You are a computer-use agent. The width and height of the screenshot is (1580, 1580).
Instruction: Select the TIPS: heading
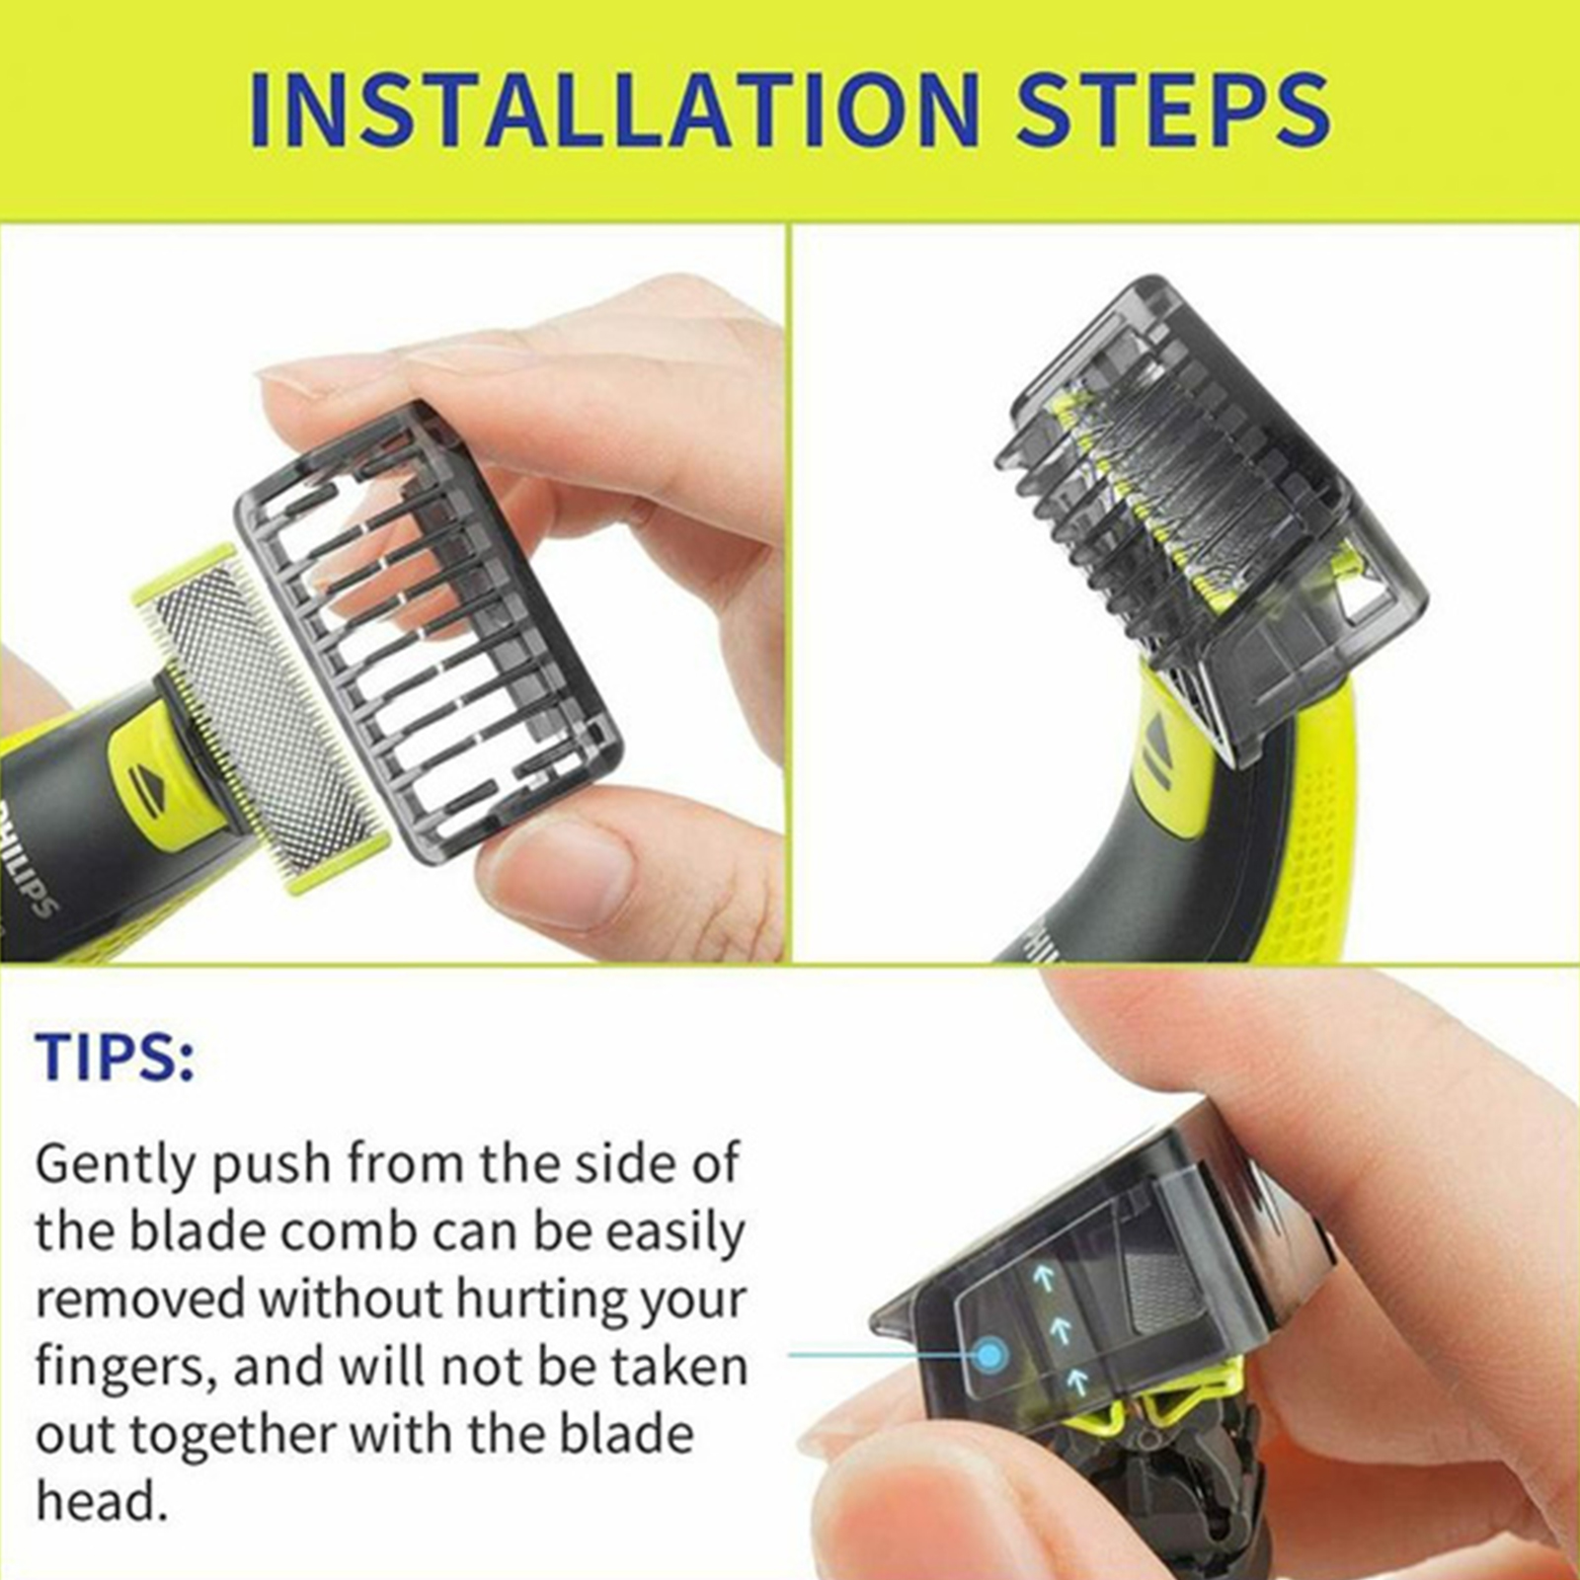tap(116, 1056)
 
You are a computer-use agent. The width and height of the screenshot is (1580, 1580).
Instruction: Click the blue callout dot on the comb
tap(990, 1354)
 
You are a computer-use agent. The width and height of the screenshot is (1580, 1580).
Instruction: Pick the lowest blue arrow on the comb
tap(1078, 1380)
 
